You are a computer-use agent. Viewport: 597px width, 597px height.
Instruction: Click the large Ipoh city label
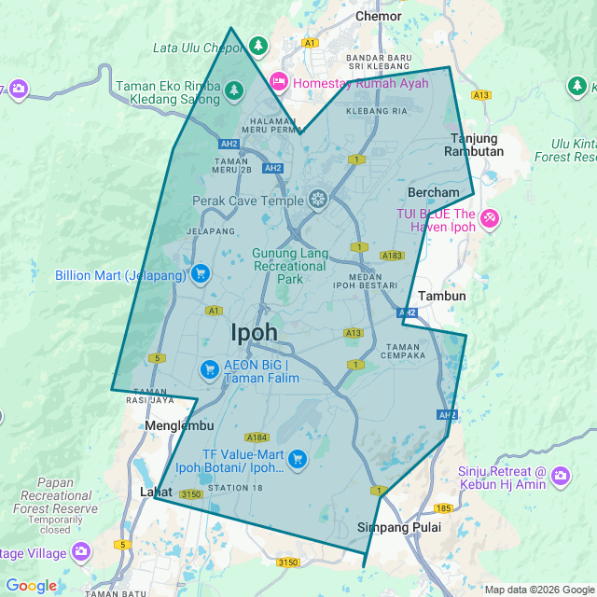click(254, 332)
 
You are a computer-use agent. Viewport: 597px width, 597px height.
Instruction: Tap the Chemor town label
click(379, 16)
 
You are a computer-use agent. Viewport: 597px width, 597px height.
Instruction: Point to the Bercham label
click(434, 192)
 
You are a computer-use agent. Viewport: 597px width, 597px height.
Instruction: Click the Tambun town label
click(442, 296)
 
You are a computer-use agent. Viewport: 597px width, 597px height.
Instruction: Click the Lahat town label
click(156, 492)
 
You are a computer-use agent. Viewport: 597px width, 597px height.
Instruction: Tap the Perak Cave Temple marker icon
click(318, 200)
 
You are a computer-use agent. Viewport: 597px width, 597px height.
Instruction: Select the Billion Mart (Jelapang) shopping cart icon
click(200, 274)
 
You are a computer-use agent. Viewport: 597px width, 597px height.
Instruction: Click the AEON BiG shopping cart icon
click(210, 370)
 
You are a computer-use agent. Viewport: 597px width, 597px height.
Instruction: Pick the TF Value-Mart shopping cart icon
click(298, 458)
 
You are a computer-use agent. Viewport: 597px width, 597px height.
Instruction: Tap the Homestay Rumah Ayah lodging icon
click(278, 82)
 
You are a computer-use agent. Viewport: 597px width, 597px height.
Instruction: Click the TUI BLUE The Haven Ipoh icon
click(490, 220)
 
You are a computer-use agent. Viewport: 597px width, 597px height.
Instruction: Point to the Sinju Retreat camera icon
click(561, 477)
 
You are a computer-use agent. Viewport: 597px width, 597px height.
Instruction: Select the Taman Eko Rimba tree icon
click(234, 90)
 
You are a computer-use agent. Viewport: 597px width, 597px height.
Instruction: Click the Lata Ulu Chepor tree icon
click(258, 45)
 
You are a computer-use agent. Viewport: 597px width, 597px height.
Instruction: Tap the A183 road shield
click(392, 255)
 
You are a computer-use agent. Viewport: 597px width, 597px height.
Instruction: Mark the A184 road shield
click(257, 437)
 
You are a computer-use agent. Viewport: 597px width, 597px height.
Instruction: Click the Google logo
click(31, 586)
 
